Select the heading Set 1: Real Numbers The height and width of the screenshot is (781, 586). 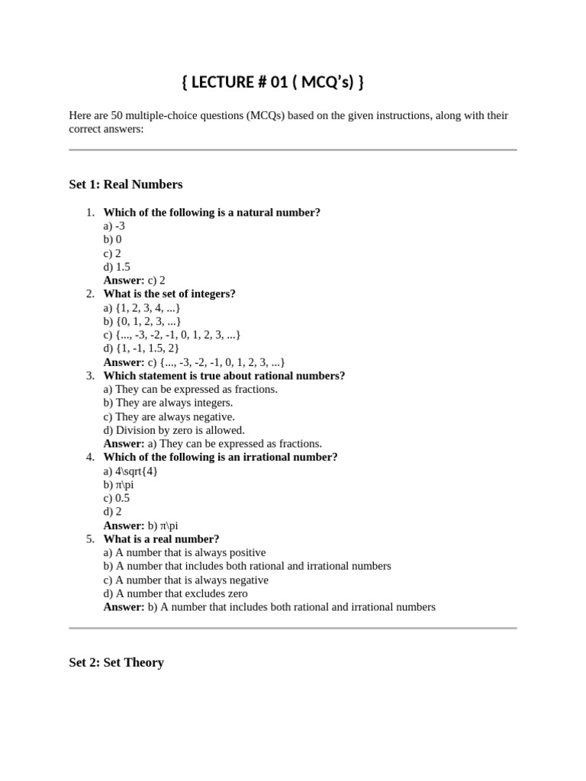126,185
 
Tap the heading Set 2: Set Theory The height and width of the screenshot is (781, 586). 116,662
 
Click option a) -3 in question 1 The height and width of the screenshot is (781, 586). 114,226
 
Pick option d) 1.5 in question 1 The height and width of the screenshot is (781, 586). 117,267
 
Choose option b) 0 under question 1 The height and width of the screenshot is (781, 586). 112,239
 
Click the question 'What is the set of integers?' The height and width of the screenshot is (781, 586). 169,294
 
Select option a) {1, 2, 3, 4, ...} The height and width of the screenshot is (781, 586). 142,307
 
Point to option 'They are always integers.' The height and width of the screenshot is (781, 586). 168,403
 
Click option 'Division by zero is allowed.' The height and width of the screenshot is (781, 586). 174,430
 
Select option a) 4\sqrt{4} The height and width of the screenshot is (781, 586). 130,471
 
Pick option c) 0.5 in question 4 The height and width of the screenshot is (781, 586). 117,498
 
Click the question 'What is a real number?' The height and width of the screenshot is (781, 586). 161,539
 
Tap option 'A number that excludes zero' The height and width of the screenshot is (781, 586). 175,593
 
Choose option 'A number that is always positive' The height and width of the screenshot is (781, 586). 185,552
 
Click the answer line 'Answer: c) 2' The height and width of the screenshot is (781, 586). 134,281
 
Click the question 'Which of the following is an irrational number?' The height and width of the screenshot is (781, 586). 221,458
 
